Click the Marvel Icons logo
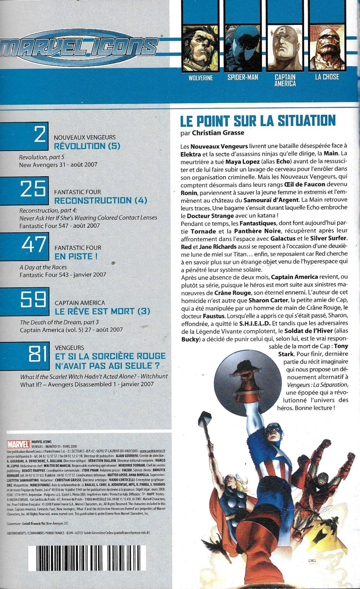tap(80, 47)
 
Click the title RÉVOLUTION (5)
tap(87, 146)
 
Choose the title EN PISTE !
tap(76, 256)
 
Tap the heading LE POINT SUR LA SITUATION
tap(257, 121)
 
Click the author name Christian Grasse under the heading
tap(218, 133)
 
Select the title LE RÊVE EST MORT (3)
tap(102, 311)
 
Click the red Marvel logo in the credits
tap(18, 444)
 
